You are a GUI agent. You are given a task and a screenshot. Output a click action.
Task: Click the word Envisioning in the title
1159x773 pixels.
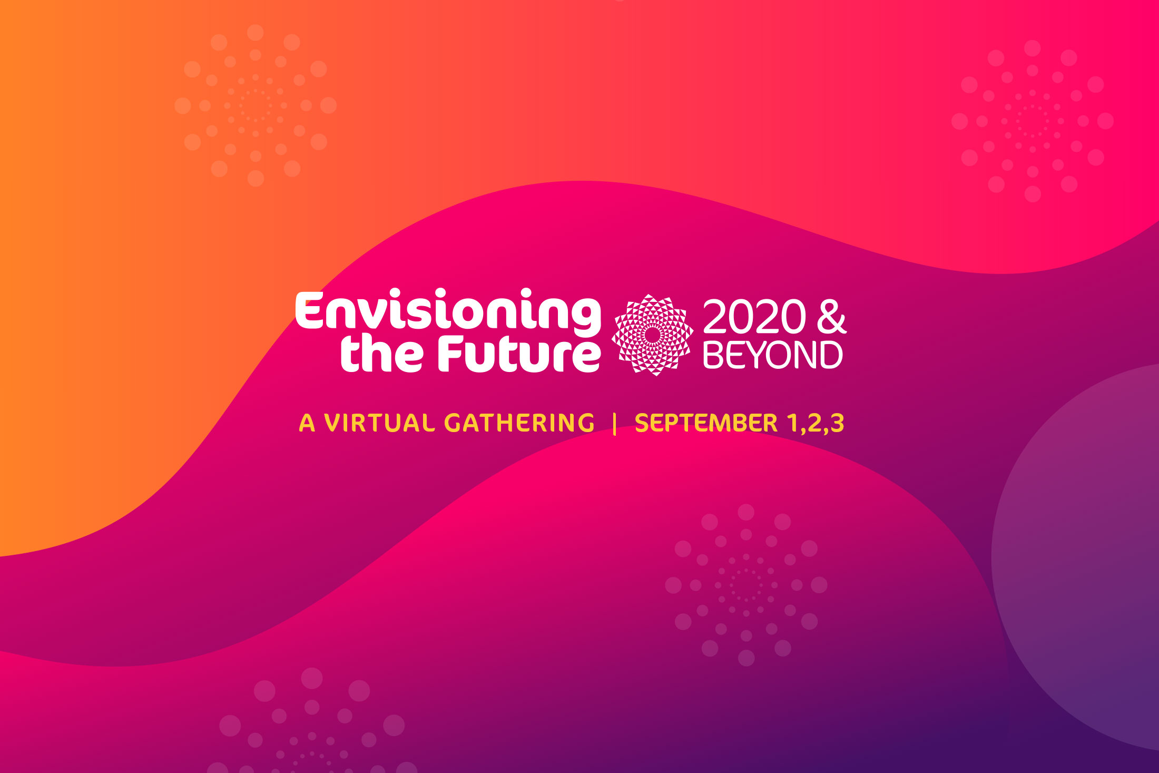coord(448,312)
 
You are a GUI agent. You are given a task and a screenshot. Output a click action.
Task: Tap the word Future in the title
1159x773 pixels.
coord(519,354)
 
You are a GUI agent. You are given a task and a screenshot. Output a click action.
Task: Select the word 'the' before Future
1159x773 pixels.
coord(382,354)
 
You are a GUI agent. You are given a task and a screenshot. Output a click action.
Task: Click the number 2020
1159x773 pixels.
coord(754,317)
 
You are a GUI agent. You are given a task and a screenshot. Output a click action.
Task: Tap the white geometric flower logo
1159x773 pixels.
coord(652,335)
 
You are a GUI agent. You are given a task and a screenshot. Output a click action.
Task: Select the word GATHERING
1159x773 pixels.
coord(519,423)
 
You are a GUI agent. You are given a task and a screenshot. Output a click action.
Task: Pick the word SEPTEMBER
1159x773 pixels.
coord(706,423)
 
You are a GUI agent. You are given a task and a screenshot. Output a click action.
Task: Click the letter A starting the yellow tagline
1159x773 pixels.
coord(307,423)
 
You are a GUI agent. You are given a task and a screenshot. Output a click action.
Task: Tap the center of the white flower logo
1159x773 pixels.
coord(652,335)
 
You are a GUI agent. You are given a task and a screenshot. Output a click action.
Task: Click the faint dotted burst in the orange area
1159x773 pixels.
coord(256,105)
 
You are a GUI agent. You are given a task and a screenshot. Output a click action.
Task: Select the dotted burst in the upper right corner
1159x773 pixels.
coord(1033,121)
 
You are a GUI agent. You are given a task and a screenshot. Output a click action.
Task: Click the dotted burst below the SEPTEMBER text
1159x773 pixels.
coord(746,585)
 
